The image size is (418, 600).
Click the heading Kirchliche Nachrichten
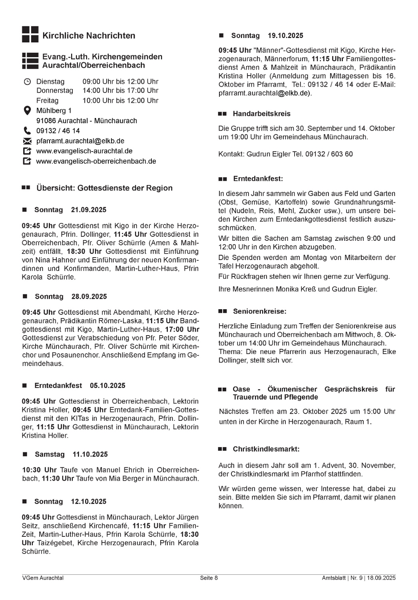pos(88,36)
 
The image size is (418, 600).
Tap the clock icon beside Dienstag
pos(27,82)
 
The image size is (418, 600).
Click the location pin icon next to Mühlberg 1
pos(27,110)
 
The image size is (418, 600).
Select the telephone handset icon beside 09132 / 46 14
pos(27,131)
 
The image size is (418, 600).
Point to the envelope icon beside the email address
pos(27,141)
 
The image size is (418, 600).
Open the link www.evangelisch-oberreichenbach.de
pos(96,161)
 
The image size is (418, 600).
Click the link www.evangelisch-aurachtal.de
pos(84,151)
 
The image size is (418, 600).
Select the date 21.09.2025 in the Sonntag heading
pos(89,210)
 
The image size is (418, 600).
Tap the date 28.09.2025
pos(89,296)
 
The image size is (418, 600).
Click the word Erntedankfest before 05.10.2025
pos(58,386)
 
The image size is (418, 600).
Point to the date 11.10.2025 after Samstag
pos(90,454)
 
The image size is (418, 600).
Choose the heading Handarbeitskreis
pos(261,114)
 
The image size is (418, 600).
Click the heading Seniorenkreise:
pos(260,311)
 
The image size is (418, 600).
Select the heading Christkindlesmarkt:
pos(266,449)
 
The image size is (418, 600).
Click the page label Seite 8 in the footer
pos(209,578)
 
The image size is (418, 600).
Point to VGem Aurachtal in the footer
pos(43,578)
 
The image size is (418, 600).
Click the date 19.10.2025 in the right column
pos(285,36)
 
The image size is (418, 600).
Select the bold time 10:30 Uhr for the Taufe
pos(39,470)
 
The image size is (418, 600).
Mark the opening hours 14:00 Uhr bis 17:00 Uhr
pos(120,91)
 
